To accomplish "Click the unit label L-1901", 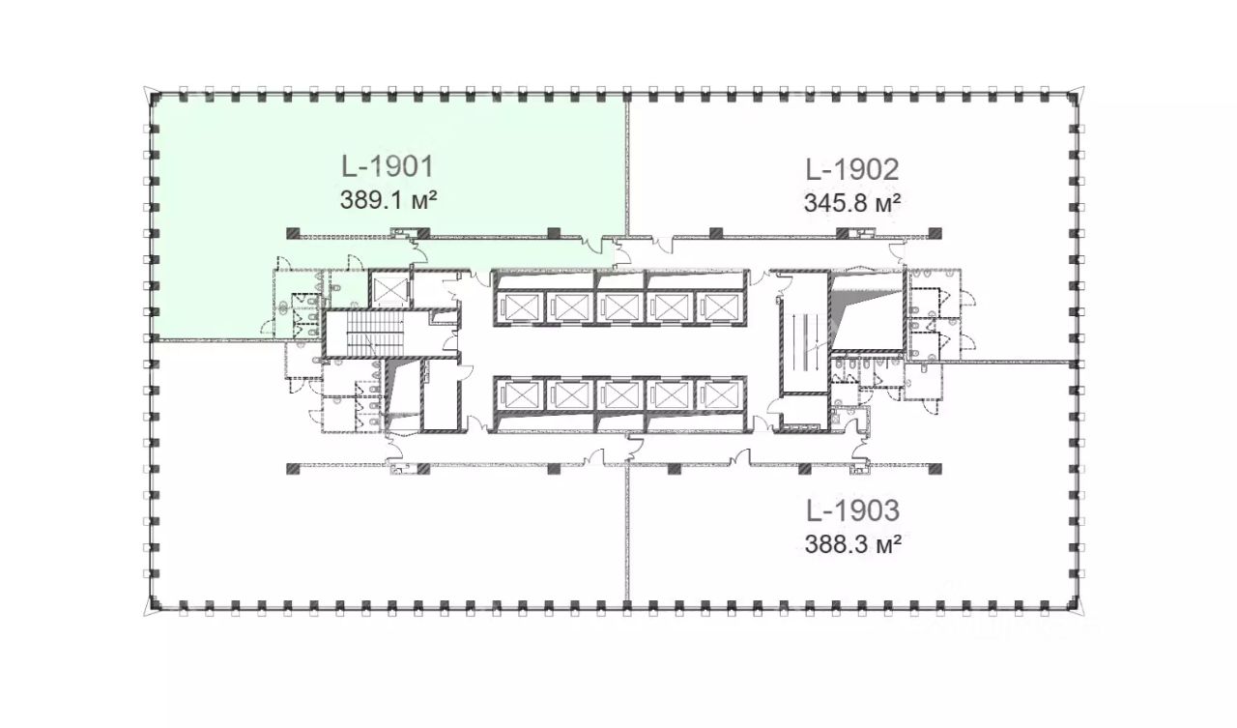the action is click(x=388, y=167).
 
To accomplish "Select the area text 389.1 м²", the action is click(x=388, y=199).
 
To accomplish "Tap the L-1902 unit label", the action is click(x=852, y=169).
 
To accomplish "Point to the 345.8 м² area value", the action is click(x=852, y=203).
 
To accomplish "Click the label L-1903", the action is click(x=853, y=510).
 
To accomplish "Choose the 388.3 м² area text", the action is click(x=853, y=544).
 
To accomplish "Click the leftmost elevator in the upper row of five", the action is click(x=521, y=307).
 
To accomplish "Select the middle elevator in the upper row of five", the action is click(x=620, y=307).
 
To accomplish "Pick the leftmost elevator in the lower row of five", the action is click(x=521, y=394).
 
